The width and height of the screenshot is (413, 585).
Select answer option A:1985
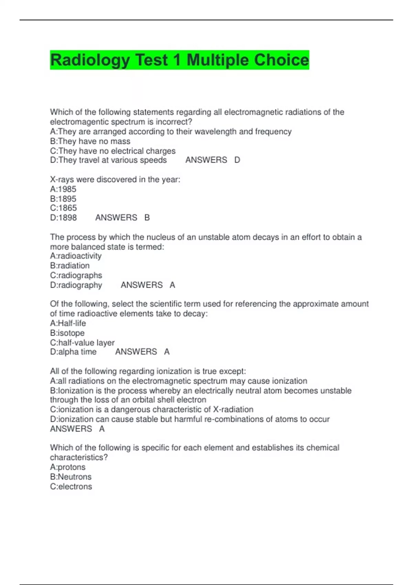(x=63, y=189)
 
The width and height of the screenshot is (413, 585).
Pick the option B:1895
(x=63, y=199)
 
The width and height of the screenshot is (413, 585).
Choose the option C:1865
(x=63, y=208)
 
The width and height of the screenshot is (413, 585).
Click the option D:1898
(x=63, y=218)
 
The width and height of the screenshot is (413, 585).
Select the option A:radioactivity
(x=76, y=256)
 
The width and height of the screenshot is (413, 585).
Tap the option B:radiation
(x=70, y=266)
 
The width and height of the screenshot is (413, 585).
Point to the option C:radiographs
(x=76, y=275)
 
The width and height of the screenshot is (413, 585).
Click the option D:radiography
(x=76, y=285)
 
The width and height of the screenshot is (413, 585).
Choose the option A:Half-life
(x=68, y=323)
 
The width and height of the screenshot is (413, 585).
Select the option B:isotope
(x=67, y=333)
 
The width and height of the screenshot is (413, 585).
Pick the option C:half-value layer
(x=82, y=343)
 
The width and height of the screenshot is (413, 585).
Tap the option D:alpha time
(x=73, y=352)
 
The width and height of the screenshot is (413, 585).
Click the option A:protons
(x=68, y=467)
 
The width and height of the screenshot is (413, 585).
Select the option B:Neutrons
(x=71, y=477)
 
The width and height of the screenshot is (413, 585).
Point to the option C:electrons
(x=71, y=487)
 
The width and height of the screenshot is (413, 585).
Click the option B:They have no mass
(x=90, y=141)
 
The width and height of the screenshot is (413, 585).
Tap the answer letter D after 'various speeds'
(x=237, y=160)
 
